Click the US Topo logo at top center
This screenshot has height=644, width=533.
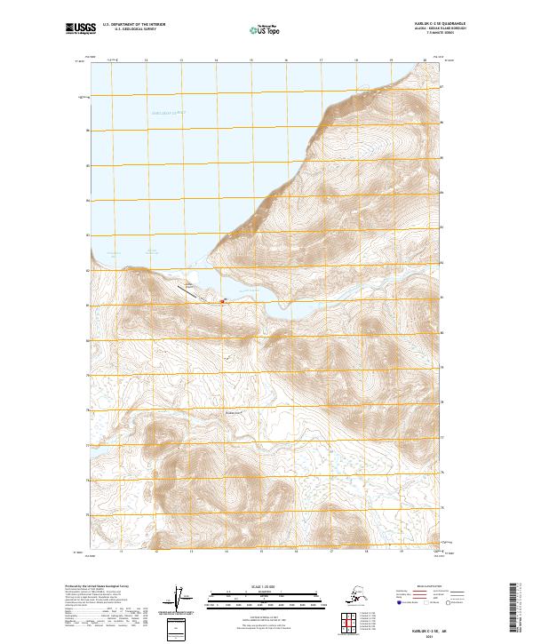pyautogui.click(x=260, y=30)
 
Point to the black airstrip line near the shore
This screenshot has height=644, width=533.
pyautogui.click(x=189, y=288)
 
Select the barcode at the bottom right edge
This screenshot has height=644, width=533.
pyautogui.click(x=521, y=613)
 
